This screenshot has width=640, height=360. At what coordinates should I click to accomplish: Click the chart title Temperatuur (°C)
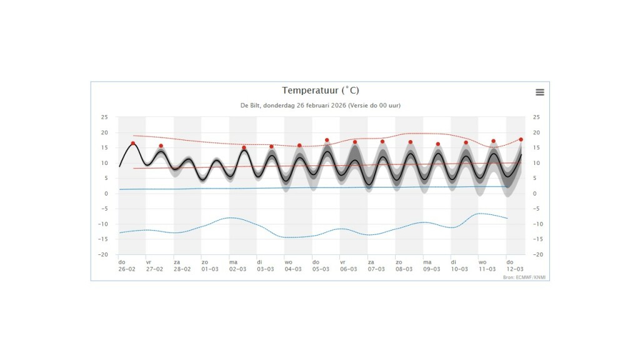tap(320, 91)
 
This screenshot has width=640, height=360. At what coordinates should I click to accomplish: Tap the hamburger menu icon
tap(540, 92)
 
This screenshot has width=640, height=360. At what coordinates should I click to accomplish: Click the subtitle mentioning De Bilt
tap(320, 106)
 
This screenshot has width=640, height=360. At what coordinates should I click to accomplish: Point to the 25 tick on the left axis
tap(104, 117)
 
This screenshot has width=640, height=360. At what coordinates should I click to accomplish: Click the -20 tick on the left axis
tap(103, 255)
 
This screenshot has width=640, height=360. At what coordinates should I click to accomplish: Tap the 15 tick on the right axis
tap(536, 148)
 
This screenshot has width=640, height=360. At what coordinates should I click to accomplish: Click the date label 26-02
tap(127, 269)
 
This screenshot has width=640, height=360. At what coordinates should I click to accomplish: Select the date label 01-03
tap(210, 269)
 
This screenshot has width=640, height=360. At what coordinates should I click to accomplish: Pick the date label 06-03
tap(349, 269)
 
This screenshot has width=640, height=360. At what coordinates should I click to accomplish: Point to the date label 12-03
tap(515, 269)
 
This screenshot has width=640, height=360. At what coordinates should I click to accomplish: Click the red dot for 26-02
tap(133, 143)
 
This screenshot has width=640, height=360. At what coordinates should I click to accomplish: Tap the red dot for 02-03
tap(244, 147)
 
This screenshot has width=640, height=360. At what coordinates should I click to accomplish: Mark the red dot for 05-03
tap(327, 141)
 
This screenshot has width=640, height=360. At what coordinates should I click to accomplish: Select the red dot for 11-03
tap(493, 141)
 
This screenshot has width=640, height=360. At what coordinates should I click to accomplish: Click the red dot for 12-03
tap(521, 139)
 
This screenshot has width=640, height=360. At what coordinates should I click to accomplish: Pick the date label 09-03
tap(432, 269)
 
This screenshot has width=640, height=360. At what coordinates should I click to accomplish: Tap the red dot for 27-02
tap(161, 146)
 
